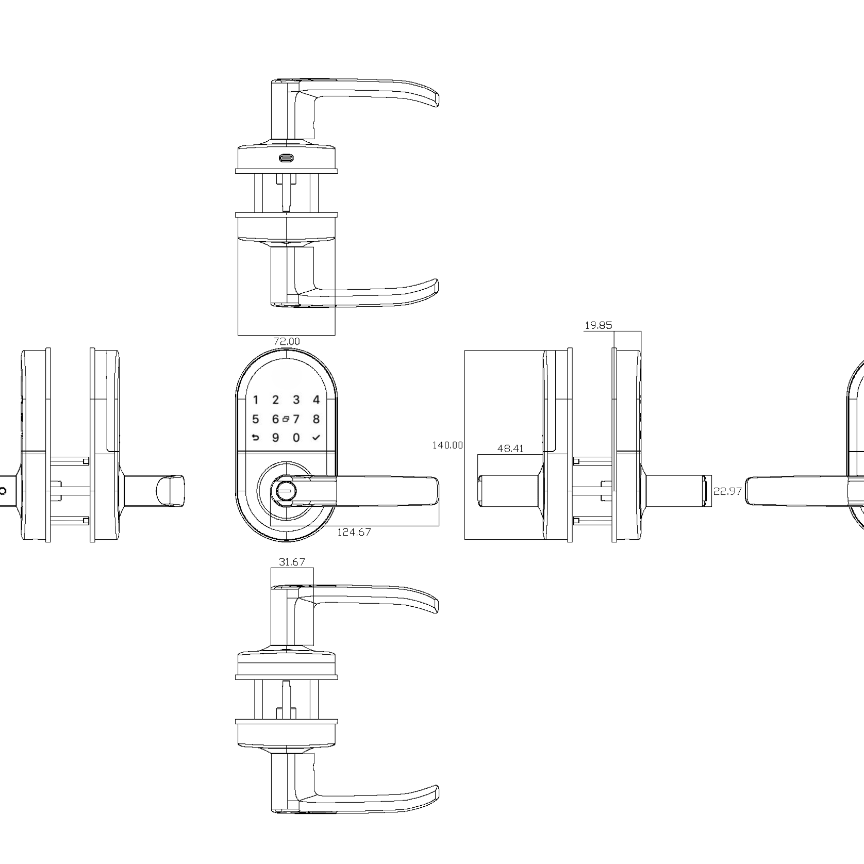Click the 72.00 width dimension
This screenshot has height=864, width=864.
pos(287,341)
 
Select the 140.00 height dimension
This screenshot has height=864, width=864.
pos(447,445)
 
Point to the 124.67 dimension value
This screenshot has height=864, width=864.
pos(354,532)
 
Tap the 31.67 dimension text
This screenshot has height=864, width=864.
pos(292,562)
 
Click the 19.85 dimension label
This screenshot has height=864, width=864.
pos(598,325)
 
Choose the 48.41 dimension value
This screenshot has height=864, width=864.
pos(510,448)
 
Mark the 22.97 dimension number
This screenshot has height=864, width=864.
pos(727,491)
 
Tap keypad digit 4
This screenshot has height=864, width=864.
pos(317,400)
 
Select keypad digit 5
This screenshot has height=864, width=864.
pos(255,419)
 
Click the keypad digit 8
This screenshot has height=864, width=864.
pos(317,419)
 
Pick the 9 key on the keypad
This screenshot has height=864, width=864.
pos(276,438)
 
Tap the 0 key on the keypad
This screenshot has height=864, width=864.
pos(296,438)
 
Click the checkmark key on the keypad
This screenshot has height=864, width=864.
pos(317,438)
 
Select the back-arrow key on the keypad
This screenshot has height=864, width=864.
pos(255,438)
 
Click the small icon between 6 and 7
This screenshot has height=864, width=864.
pos(286,419)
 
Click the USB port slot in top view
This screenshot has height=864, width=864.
pos(286,158)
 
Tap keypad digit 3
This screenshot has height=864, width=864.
pos(296,400)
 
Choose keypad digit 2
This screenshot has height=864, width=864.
pos(276,400)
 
